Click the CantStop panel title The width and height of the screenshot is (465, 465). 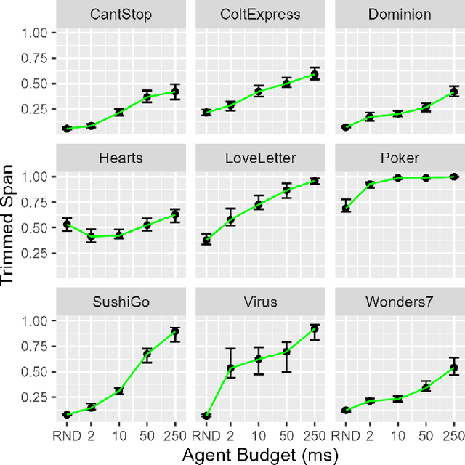pos(121,14)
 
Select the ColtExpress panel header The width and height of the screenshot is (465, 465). pos(261,14)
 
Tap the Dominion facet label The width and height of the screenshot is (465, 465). pos(400,14)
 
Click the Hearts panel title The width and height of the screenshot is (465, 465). pos(121,158)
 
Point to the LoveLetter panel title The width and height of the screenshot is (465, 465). pos(261,158)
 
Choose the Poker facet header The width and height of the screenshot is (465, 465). pos(400,158)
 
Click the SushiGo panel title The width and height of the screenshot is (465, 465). pos(121,302)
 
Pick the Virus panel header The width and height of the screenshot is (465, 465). pos(261,302)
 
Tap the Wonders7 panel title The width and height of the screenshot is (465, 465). pos(400,302)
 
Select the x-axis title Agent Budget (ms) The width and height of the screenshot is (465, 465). pos(260,454)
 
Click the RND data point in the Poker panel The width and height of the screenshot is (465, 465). pos(346,208)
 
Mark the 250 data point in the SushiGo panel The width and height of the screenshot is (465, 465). pos(175,332)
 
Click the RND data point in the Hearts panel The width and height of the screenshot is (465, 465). pos(67,225)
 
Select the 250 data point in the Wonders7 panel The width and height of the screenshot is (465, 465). pos(454,368)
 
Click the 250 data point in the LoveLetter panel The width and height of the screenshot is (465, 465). pos(315,181)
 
